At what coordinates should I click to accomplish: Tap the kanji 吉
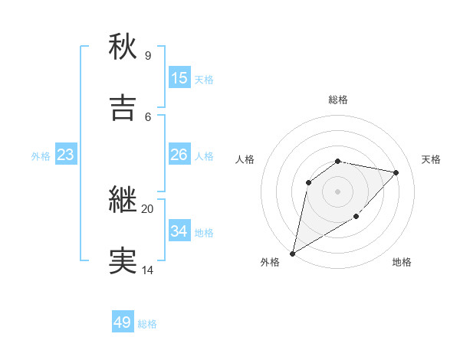123,107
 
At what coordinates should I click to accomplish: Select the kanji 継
123,200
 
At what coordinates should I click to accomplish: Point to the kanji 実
123,261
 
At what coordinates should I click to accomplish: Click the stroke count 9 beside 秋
148,55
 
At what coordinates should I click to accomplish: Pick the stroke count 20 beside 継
147,208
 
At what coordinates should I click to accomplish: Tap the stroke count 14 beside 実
147,270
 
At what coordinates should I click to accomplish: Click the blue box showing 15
179,77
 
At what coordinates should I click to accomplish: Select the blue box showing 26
179,155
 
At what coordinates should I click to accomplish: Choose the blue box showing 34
179,231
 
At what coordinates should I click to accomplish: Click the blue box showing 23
66,155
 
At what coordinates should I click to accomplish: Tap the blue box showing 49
123,322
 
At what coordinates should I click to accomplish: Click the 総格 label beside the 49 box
147,324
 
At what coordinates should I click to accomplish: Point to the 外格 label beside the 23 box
41,156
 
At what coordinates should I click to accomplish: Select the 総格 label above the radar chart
337,100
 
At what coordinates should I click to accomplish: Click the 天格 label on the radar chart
432,159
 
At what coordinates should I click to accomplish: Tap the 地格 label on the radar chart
402,262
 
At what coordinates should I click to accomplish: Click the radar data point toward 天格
396,172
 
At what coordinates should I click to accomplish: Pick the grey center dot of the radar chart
337,191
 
